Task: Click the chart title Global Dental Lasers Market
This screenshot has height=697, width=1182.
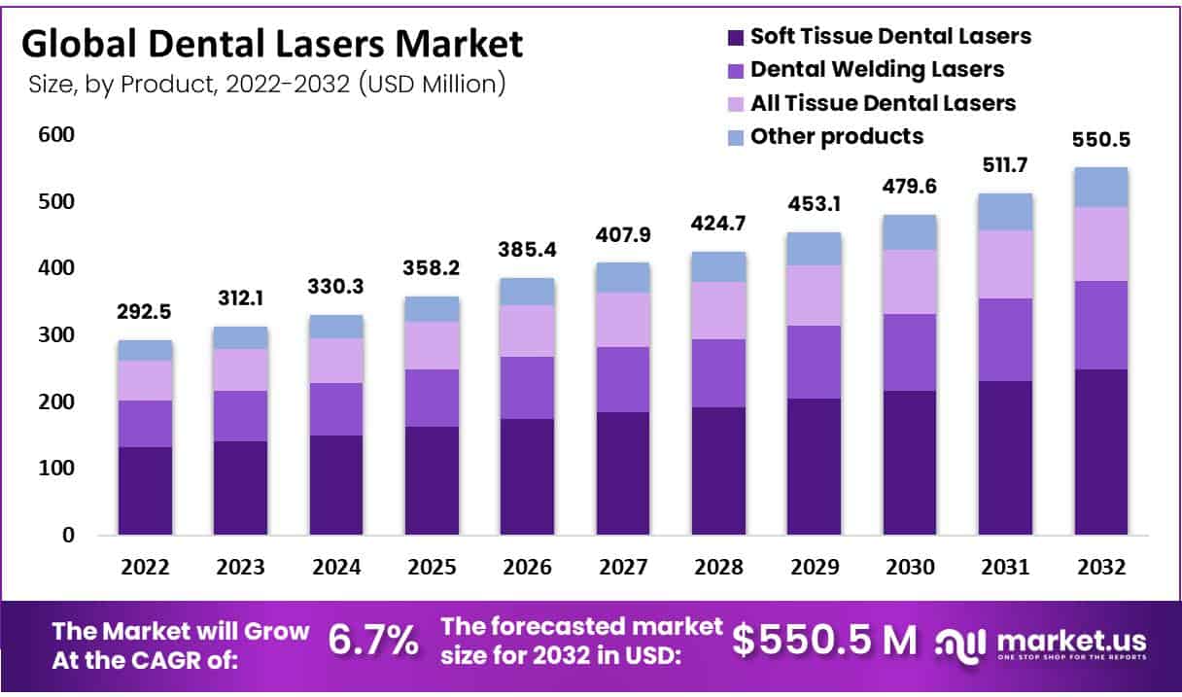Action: click(x=271, y=44)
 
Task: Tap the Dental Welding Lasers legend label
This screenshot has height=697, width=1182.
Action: click(x=878, y=69)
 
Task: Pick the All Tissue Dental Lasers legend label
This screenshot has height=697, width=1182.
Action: click(x=883, y=102)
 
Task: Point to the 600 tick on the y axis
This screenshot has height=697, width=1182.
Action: click(x=56, y=135)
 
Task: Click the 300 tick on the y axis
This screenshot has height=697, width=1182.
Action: click(x=56, y=335)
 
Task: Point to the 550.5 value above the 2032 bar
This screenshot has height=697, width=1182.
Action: click(x=1100, y=140)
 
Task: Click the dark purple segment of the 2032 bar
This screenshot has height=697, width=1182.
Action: click(x=1100, y=452)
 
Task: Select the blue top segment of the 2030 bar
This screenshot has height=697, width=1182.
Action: click(x=909, y=232)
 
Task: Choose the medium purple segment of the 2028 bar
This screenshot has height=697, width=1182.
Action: click(x=717, y=373)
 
